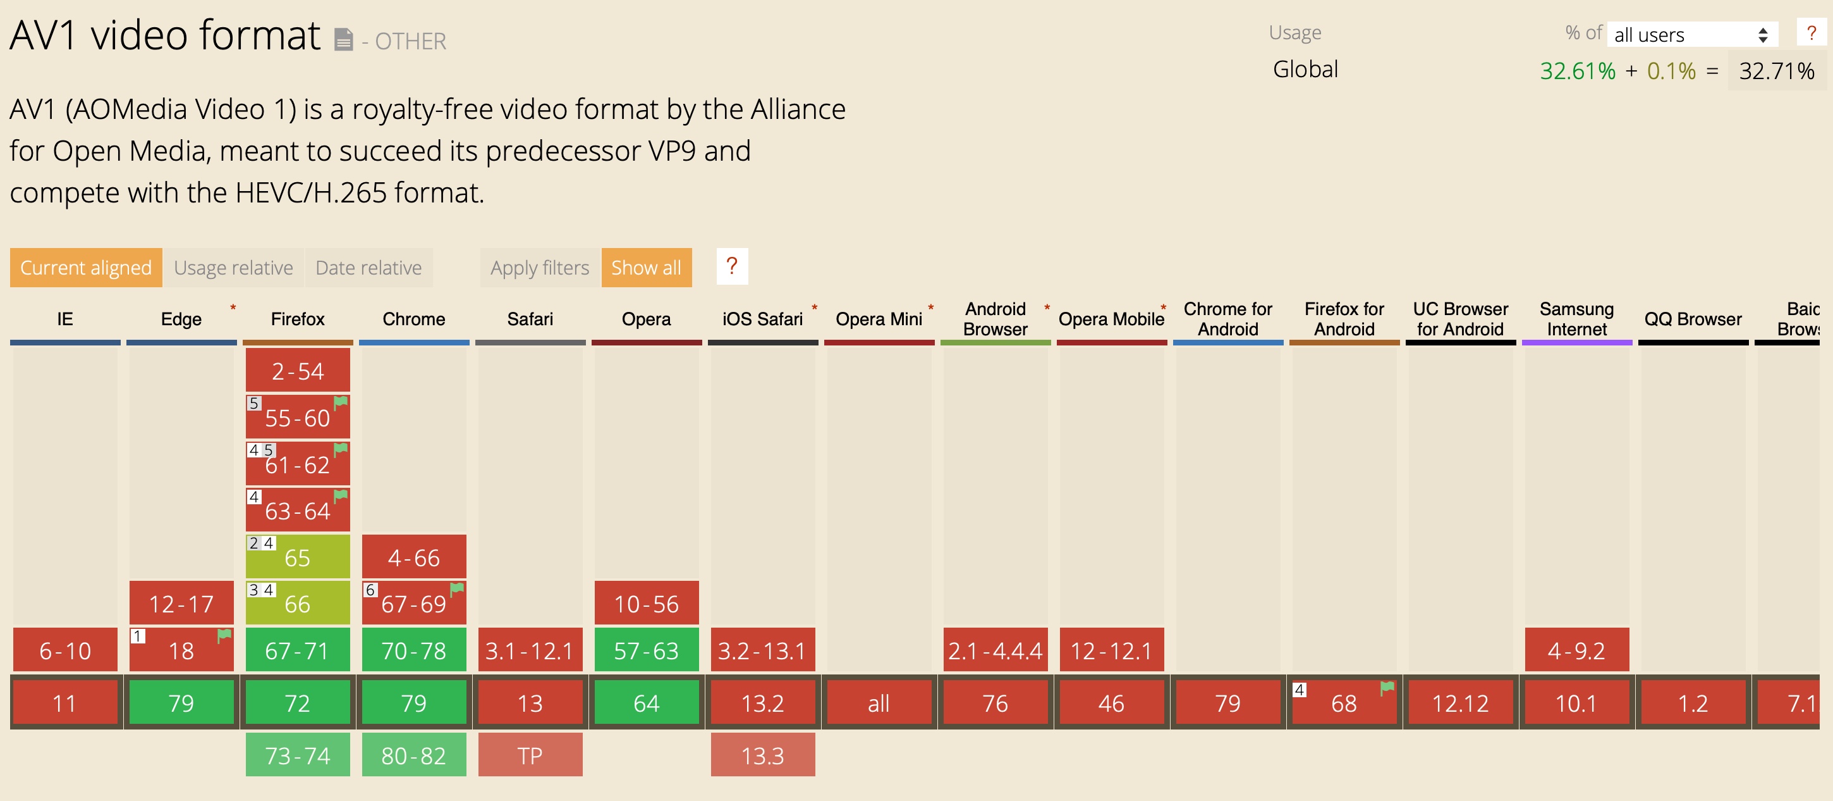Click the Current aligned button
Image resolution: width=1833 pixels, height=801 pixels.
click(x=85, y=268)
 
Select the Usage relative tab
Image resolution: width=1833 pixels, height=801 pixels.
click(x=233, y=268)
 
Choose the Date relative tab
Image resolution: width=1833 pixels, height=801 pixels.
click(x=368, y=268)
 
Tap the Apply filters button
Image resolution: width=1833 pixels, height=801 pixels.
click(x=539, y=268)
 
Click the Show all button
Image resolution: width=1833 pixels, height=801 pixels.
click(x=646, y=268)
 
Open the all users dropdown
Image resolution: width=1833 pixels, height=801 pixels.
click(x=1691, y=35)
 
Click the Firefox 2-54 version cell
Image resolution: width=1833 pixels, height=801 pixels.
click(x=298, y=371)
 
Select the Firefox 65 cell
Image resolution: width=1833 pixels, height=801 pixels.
click(x=298, y=557)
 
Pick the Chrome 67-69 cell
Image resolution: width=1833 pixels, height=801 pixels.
click(x=413, y=604)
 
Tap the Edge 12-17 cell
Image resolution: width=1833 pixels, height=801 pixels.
click(x=181, y=604)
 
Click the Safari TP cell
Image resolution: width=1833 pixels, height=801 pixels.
click(x=530, y=755)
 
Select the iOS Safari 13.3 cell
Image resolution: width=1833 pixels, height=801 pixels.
click(x=762, y=755)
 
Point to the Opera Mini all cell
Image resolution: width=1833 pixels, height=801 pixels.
click(x=879, y=704)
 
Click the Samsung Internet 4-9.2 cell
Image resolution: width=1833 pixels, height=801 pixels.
click(x=1576, y=650)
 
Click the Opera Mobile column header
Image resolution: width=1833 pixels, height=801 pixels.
click(x=1111, y=319)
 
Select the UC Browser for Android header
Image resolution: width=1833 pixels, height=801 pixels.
click(x=1460, y=319)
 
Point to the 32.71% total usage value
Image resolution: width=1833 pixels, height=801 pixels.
click(x=1776, y=70)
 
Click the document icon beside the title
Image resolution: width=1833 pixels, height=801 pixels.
click(x=344, y=39)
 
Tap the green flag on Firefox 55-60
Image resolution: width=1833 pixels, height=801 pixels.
click(x=341, y=402)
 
